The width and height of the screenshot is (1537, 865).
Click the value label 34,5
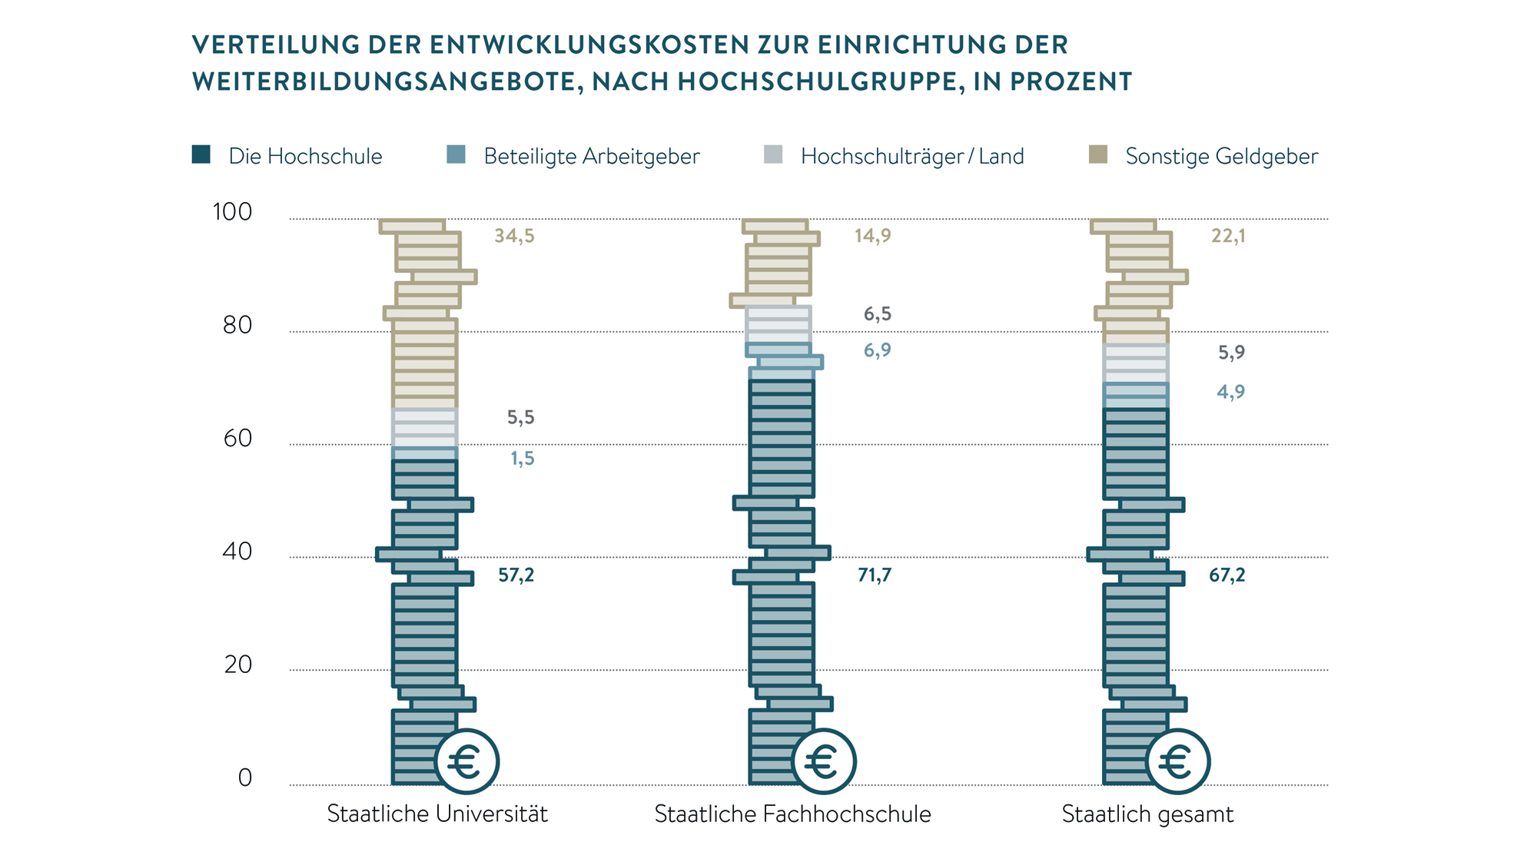514,236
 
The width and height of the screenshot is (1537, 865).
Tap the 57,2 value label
516,575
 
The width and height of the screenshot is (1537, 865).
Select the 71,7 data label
875,575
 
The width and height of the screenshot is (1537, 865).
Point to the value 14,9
873,236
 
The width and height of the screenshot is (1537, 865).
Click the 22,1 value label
1228,236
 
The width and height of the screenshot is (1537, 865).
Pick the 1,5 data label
523,459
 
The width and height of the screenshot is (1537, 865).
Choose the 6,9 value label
877,350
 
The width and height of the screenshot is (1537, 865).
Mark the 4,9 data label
1230,392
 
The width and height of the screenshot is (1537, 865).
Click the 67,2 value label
1227,575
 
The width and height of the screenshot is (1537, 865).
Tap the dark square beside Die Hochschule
201,154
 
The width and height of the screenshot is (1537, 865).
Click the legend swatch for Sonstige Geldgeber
1098,154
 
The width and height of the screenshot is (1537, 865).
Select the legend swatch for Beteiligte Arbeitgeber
456,154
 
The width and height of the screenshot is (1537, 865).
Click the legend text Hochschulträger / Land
912,156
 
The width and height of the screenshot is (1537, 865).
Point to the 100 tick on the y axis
232,212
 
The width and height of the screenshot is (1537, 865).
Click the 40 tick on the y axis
237,552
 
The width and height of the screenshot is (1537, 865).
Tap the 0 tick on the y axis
245,778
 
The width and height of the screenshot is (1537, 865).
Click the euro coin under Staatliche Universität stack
466,762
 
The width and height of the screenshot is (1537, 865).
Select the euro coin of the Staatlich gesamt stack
1177,762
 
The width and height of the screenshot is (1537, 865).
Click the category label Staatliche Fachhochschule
792,814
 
